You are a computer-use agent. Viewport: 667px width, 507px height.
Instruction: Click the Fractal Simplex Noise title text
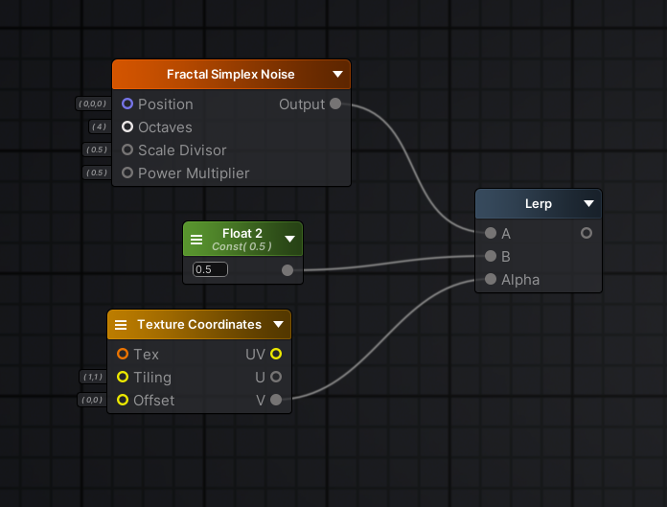pyautogui.click(x=231, y=75)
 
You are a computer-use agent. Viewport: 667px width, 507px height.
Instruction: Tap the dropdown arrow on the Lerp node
pyautogui.click(x=588, y=203)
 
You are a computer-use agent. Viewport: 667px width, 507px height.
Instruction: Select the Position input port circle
pyautogui.click(x=127, y=104)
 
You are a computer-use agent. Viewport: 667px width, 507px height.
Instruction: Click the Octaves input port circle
pyautogui.click(x=127, y=127)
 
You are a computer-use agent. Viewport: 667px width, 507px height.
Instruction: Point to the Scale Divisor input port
pyautogui.click(x=127, y=150)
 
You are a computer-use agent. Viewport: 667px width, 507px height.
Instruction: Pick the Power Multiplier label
pyautogui.click(x=194, y=173)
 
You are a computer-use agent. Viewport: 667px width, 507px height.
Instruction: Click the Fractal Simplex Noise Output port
pyautogui.click(x=335, y=104)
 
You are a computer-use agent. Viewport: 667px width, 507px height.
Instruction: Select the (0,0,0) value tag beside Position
pyautogui.click(x=93, y=104)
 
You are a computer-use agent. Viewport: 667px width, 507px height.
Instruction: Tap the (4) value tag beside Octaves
pyautogui.click(x=99, y=127)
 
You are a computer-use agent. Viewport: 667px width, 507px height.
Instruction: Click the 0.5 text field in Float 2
pyautogui.click(x=210, y=269)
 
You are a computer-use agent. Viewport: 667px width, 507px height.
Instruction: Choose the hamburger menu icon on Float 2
pyautogui.click(x=196, y=240)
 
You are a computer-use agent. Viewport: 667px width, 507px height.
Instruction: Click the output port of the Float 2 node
pyautogui.click(x=287, y=270)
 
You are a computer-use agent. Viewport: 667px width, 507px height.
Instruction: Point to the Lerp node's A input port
pyautogui.click(x=491, y=233)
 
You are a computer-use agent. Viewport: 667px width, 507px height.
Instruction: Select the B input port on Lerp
pyautogui.click(x=491, y=256)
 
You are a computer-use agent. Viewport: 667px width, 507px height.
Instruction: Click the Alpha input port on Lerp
pyautogui.click(x=491, y=279)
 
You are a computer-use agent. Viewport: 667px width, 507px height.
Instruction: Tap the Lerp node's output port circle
pyautogui.click(x=586, y=233)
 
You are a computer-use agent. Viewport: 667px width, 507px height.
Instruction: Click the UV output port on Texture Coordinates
pyautogui.click(x=276, y=354)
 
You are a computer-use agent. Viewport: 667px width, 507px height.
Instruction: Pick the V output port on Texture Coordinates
pyautogui.click(x=276, y=400)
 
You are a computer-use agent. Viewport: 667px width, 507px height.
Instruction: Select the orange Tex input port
pyautogui.click(x=123, y=354)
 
